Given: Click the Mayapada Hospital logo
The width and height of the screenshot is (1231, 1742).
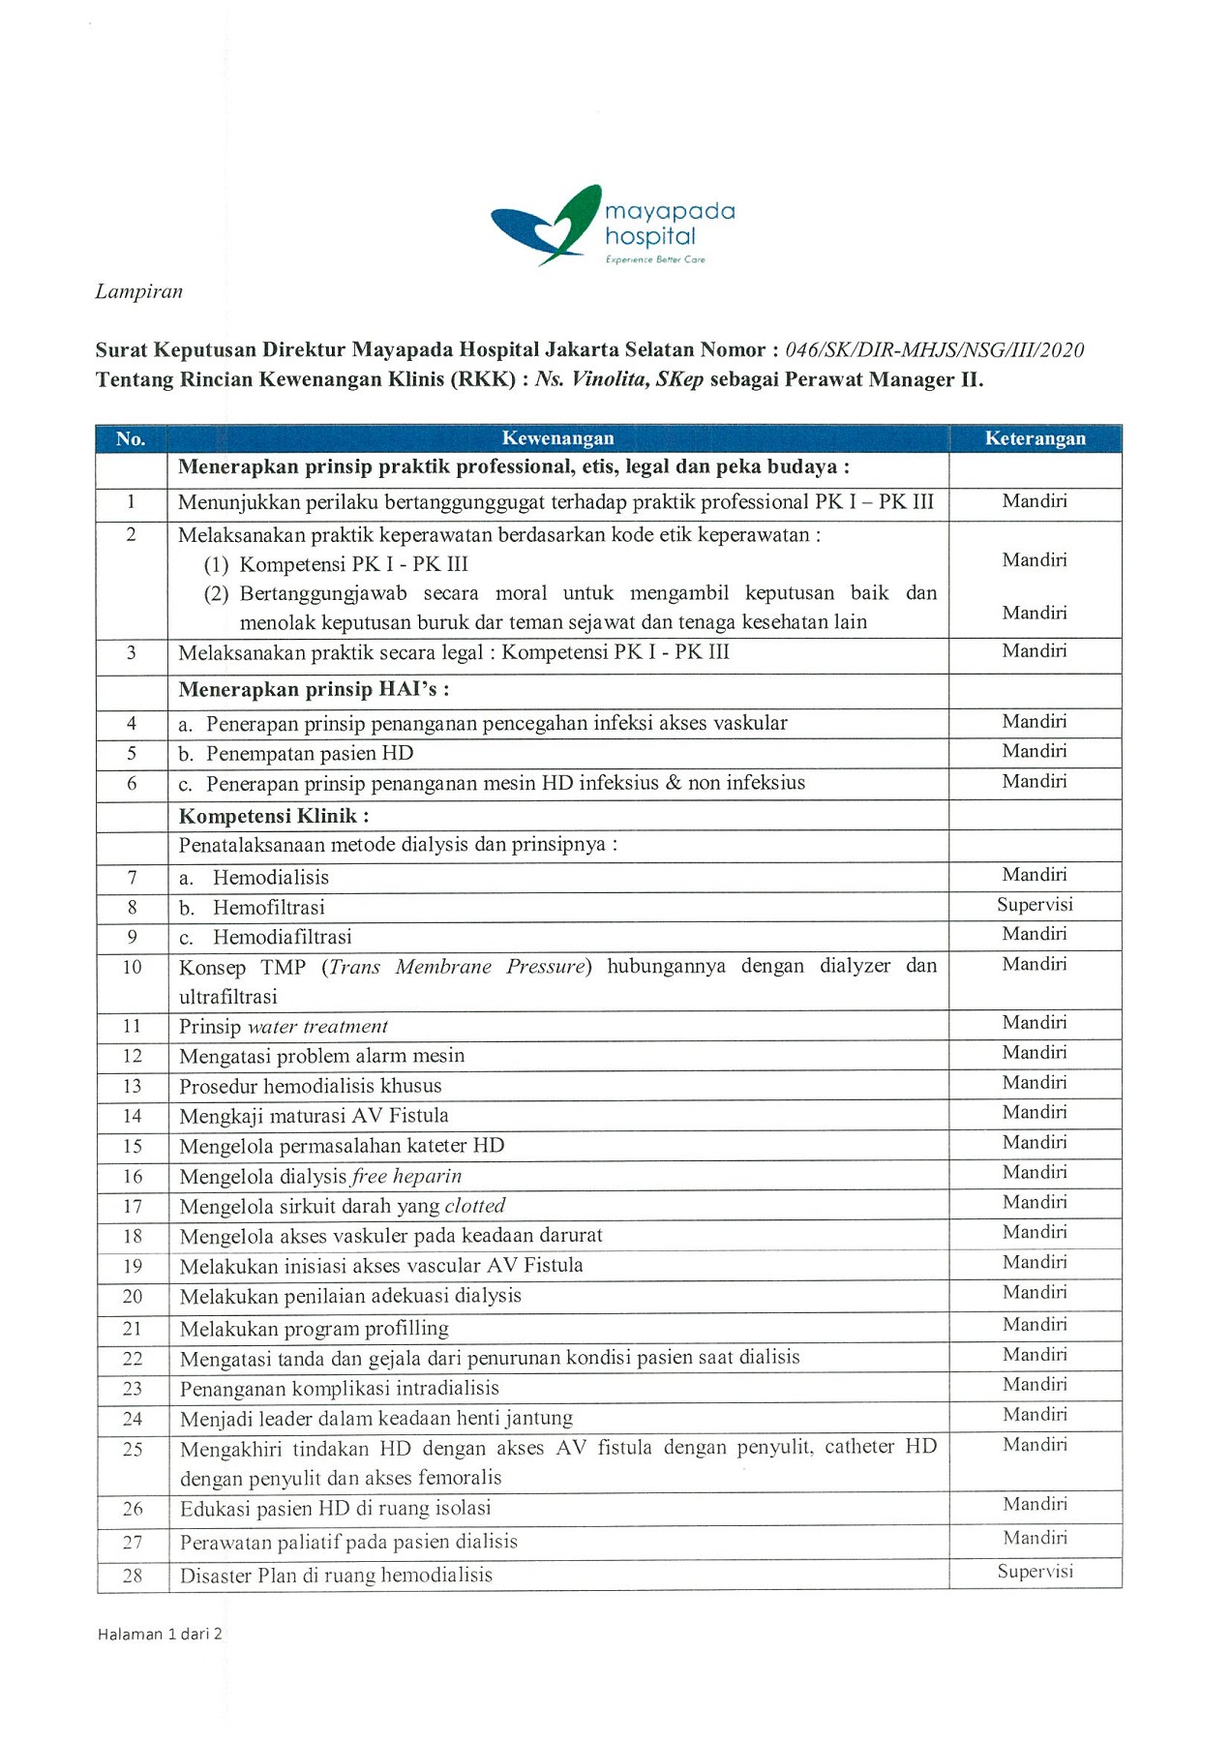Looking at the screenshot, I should pyautogui.click(x=613, y=226).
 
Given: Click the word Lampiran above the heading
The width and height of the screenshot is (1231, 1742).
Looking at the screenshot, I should pyautogui.click(x=138, y=291).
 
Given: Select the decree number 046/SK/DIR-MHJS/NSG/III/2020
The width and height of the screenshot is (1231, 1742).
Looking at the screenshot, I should pyautogui.click(x=934, y=350).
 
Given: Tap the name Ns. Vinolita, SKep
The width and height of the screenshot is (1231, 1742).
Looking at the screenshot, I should pyautogui.click(x=618, y=379).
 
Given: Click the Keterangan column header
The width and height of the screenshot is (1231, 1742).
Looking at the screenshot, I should pyautogui.click(x=1035, y=438).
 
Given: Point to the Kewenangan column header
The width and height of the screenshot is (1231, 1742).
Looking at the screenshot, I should pyautogui.click(x=557, y=438).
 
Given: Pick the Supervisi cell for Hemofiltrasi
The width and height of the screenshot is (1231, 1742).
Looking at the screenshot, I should pyautogui.click(x=1035, y=905).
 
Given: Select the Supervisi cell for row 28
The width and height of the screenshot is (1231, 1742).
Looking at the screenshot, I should pyautogui.click(x=1035, y=1571).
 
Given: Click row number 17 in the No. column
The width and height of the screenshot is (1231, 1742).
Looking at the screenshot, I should pyautogui.click(x=132, y=1206).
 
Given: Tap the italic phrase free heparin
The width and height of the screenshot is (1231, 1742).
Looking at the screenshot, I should pyautogui.click(x=406, y=1176).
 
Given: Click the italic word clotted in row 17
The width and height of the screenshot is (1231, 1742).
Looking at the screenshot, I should pyautogui.click(x=474, y=1206).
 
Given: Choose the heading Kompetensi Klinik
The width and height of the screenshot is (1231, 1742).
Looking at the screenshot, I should pyautogui.click(x=273, y=816).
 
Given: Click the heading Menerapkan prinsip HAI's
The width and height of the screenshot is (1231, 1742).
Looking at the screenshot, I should pyautogui.click(x=314, y=689).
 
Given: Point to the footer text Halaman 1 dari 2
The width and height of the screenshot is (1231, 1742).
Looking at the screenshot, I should pyautogui.click(x=160, y=1634).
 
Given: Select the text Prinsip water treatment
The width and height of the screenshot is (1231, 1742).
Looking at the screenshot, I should pyautogui.click(x=283, y=1027).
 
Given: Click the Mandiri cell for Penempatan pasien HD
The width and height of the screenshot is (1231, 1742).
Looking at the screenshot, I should pyautogui.click(x=1035, y=751).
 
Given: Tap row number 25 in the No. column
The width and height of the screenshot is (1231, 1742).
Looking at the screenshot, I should pyautogui.click(x=132, y=1449).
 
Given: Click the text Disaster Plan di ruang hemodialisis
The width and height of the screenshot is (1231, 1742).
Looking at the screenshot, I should pyautogui.click(x=336, y=1576).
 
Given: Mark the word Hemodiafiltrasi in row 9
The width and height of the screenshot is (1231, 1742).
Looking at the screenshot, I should pyautogui.click(x=282, y=937).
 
